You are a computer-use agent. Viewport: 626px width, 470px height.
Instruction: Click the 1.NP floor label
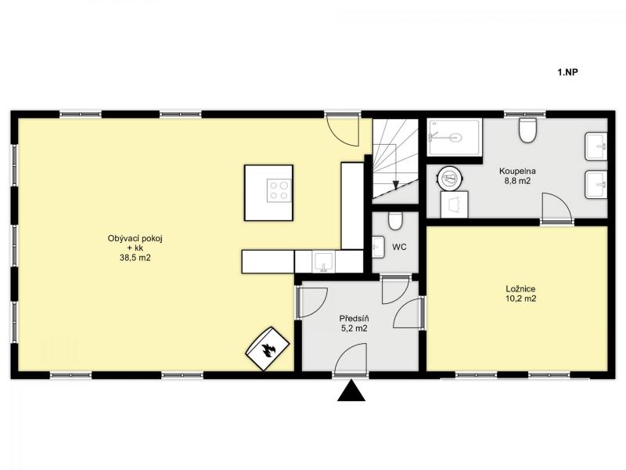(x=567, y=72)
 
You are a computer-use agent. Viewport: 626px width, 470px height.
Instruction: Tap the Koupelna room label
(x=517, y=171)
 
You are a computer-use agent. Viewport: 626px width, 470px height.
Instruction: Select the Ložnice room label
(x=520, y=288)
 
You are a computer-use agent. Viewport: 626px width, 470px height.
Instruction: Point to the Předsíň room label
(x=354, y=319)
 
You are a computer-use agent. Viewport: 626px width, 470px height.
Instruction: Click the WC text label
(x=399, y=247)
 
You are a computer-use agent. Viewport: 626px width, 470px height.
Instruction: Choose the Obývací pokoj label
(x=135, y=239)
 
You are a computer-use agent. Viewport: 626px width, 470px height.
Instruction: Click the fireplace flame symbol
(x=267, y=350)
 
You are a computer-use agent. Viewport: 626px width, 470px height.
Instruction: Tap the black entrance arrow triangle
(x=351, y=390)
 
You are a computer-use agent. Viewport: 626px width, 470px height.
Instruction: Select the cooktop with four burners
(x=279, y=190)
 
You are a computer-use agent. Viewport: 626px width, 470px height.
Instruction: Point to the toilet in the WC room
(x=395, y=221)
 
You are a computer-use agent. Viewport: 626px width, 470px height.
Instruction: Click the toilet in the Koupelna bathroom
(x=527, y=130)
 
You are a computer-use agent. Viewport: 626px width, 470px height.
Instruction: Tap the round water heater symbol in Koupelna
(x=450, y=179)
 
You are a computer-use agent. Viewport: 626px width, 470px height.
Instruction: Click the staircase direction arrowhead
(x=396, y=185)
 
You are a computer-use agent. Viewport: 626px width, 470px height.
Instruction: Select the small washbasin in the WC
(x=378, y=248)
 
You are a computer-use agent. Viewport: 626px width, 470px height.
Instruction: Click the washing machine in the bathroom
(x=455, y=204)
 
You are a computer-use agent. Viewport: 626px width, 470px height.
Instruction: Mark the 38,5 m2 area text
(x=135, y=258)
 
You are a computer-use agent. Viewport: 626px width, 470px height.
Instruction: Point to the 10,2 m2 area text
(x=520, y=298)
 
